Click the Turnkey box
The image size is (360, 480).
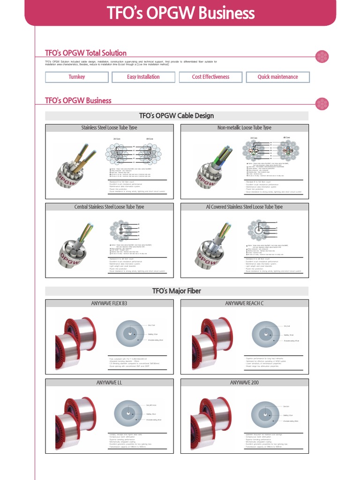76,77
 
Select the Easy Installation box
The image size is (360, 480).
143,77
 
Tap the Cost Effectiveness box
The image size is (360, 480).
210,77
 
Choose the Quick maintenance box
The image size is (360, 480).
277,77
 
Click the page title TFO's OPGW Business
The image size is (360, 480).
180,13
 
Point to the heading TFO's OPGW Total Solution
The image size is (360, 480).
86,53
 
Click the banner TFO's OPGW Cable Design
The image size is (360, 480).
177,116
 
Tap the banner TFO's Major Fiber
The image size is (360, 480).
177,291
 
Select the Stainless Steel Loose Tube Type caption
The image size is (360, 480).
109,127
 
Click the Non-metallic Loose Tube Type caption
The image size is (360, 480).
244,127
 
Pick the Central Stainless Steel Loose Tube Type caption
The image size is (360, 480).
109,207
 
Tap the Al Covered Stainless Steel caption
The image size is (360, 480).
244,207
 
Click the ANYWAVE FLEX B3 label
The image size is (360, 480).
109,304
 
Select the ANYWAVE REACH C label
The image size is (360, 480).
244,304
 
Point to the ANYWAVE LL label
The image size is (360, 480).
109,383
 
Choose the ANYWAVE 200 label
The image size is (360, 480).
244,383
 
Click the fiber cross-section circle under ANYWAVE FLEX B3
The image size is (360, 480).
129,333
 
